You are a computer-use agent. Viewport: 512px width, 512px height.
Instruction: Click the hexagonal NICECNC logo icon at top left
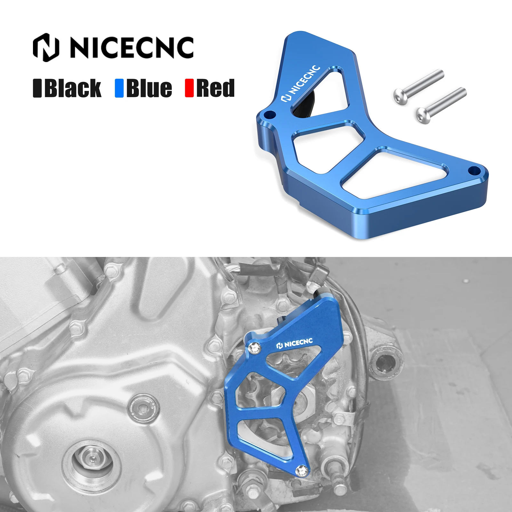click(x=46, y=47)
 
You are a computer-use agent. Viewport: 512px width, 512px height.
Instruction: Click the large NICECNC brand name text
click(x=132, y=48)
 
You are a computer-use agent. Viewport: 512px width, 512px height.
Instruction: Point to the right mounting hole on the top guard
click(x=474, y=170)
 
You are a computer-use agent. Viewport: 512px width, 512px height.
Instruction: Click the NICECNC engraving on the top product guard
click(x=300, y=83)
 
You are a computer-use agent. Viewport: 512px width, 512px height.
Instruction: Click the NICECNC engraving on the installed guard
click(x=295, y=344)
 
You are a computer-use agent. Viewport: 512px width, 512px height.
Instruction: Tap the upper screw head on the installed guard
click(x=255, y=348)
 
